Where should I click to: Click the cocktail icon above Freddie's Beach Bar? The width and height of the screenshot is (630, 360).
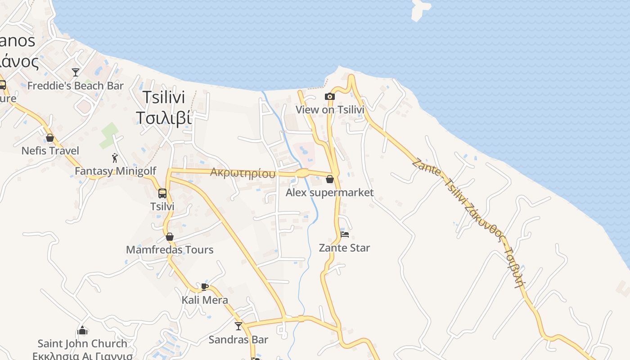[x=76, y=72]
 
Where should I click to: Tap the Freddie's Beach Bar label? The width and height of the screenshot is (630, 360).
[x=76, y=85]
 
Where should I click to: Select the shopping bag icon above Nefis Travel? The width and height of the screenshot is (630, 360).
[x=50, y=138]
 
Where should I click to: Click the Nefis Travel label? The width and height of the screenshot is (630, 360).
[x=50, y=151]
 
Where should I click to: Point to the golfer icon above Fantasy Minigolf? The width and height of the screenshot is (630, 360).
[x=115, y=158]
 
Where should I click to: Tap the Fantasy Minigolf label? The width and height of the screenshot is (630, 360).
[x=116, y=171]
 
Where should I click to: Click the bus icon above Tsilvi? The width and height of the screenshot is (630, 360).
[x=162, y=193]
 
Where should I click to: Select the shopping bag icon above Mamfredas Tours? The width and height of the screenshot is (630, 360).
[x=170, y=237]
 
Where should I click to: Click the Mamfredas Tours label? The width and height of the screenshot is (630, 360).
[x=170, y=250]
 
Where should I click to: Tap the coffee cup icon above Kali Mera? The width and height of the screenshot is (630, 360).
[x=205, y=287]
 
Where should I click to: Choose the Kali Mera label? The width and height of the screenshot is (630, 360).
[x=205, y=300]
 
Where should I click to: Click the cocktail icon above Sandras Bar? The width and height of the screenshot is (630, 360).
[x=238, y=326]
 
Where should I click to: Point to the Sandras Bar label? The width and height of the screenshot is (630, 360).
[x=238, y=340]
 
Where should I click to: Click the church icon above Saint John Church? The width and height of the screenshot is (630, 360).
[x=82, y=331]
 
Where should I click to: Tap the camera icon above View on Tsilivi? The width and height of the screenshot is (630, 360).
[x=330, y=96]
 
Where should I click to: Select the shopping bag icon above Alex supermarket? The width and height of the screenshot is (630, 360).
[x=330, y=180]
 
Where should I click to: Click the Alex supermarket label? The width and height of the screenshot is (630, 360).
[x=330, y=193]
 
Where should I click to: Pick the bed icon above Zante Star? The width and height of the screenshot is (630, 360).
[x=345, y=234]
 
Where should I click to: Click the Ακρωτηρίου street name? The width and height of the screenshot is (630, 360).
[x=243, y=173]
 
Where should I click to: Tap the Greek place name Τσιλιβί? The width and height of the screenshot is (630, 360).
[x=164, y=118]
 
